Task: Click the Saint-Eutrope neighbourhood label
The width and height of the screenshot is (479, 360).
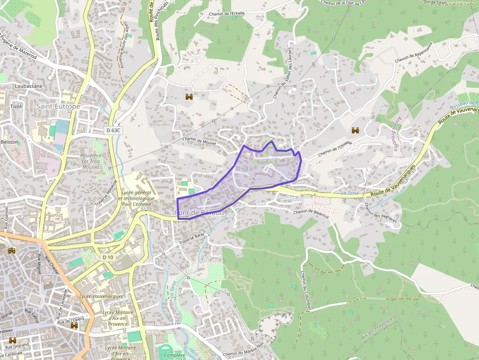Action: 58,106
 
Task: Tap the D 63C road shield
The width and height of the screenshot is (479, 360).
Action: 113,130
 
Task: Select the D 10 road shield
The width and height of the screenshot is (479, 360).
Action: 108,257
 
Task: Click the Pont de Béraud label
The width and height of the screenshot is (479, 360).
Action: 199,213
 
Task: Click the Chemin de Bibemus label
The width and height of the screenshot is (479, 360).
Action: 310,212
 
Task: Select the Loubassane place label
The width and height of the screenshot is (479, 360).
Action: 28,86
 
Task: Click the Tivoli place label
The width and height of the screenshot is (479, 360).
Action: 16,106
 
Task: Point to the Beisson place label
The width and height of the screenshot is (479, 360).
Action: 9,142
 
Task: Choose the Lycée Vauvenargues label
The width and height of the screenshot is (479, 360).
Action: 101,296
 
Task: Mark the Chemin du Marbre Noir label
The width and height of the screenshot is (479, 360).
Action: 243,353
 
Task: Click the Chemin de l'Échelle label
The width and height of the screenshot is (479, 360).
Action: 227,13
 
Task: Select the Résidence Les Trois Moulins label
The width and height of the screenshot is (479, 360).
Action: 90,161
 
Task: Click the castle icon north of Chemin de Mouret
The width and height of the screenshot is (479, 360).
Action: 189,97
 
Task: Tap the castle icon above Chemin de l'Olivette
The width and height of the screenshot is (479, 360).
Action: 355,130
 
